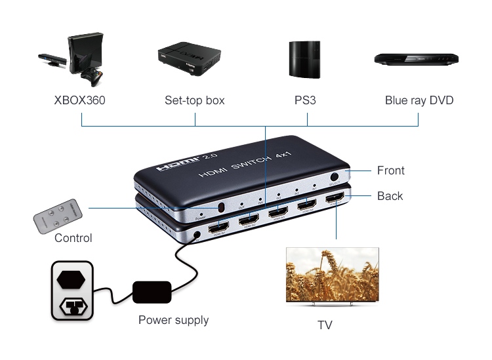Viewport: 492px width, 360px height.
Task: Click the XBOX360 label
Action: click(x=79, y=101)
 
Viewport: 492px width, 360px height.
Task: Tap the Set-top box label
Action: click(x=194, y=101)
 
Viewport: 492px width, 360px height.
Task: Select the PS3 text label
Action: click(x=306, y=101)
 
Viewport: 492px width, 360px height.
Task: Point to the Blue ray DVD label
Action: click(x=419, y=101)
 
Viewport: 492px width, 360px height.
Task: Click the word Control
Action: click(x=73, y=238)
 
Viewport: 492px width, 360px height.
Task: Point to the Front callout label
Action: click(x=390, y=170)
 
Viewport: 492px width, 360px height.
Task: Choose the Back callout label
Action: click(x=390, y=196)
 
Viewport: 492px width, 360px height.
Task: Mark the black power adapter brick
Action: click(x=152, y=292)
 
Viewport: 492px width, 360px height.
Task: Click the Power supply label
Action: click(x=173, y=321)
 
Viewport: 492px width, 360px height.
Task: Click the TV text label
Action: click(x=325, y=325)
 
